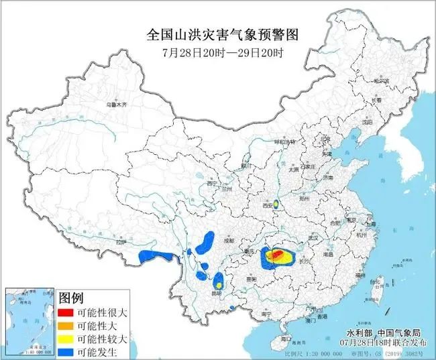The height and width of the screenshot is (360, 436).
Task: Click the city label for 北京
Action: point(326,138)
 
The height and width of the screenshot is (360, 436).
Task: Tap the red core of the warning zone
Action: point(276,254)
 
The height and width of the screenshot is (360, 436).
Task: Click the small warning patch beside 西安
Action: point(276,201)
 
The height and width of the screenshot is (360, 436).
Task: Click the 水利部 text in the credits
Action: point(358,333)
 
